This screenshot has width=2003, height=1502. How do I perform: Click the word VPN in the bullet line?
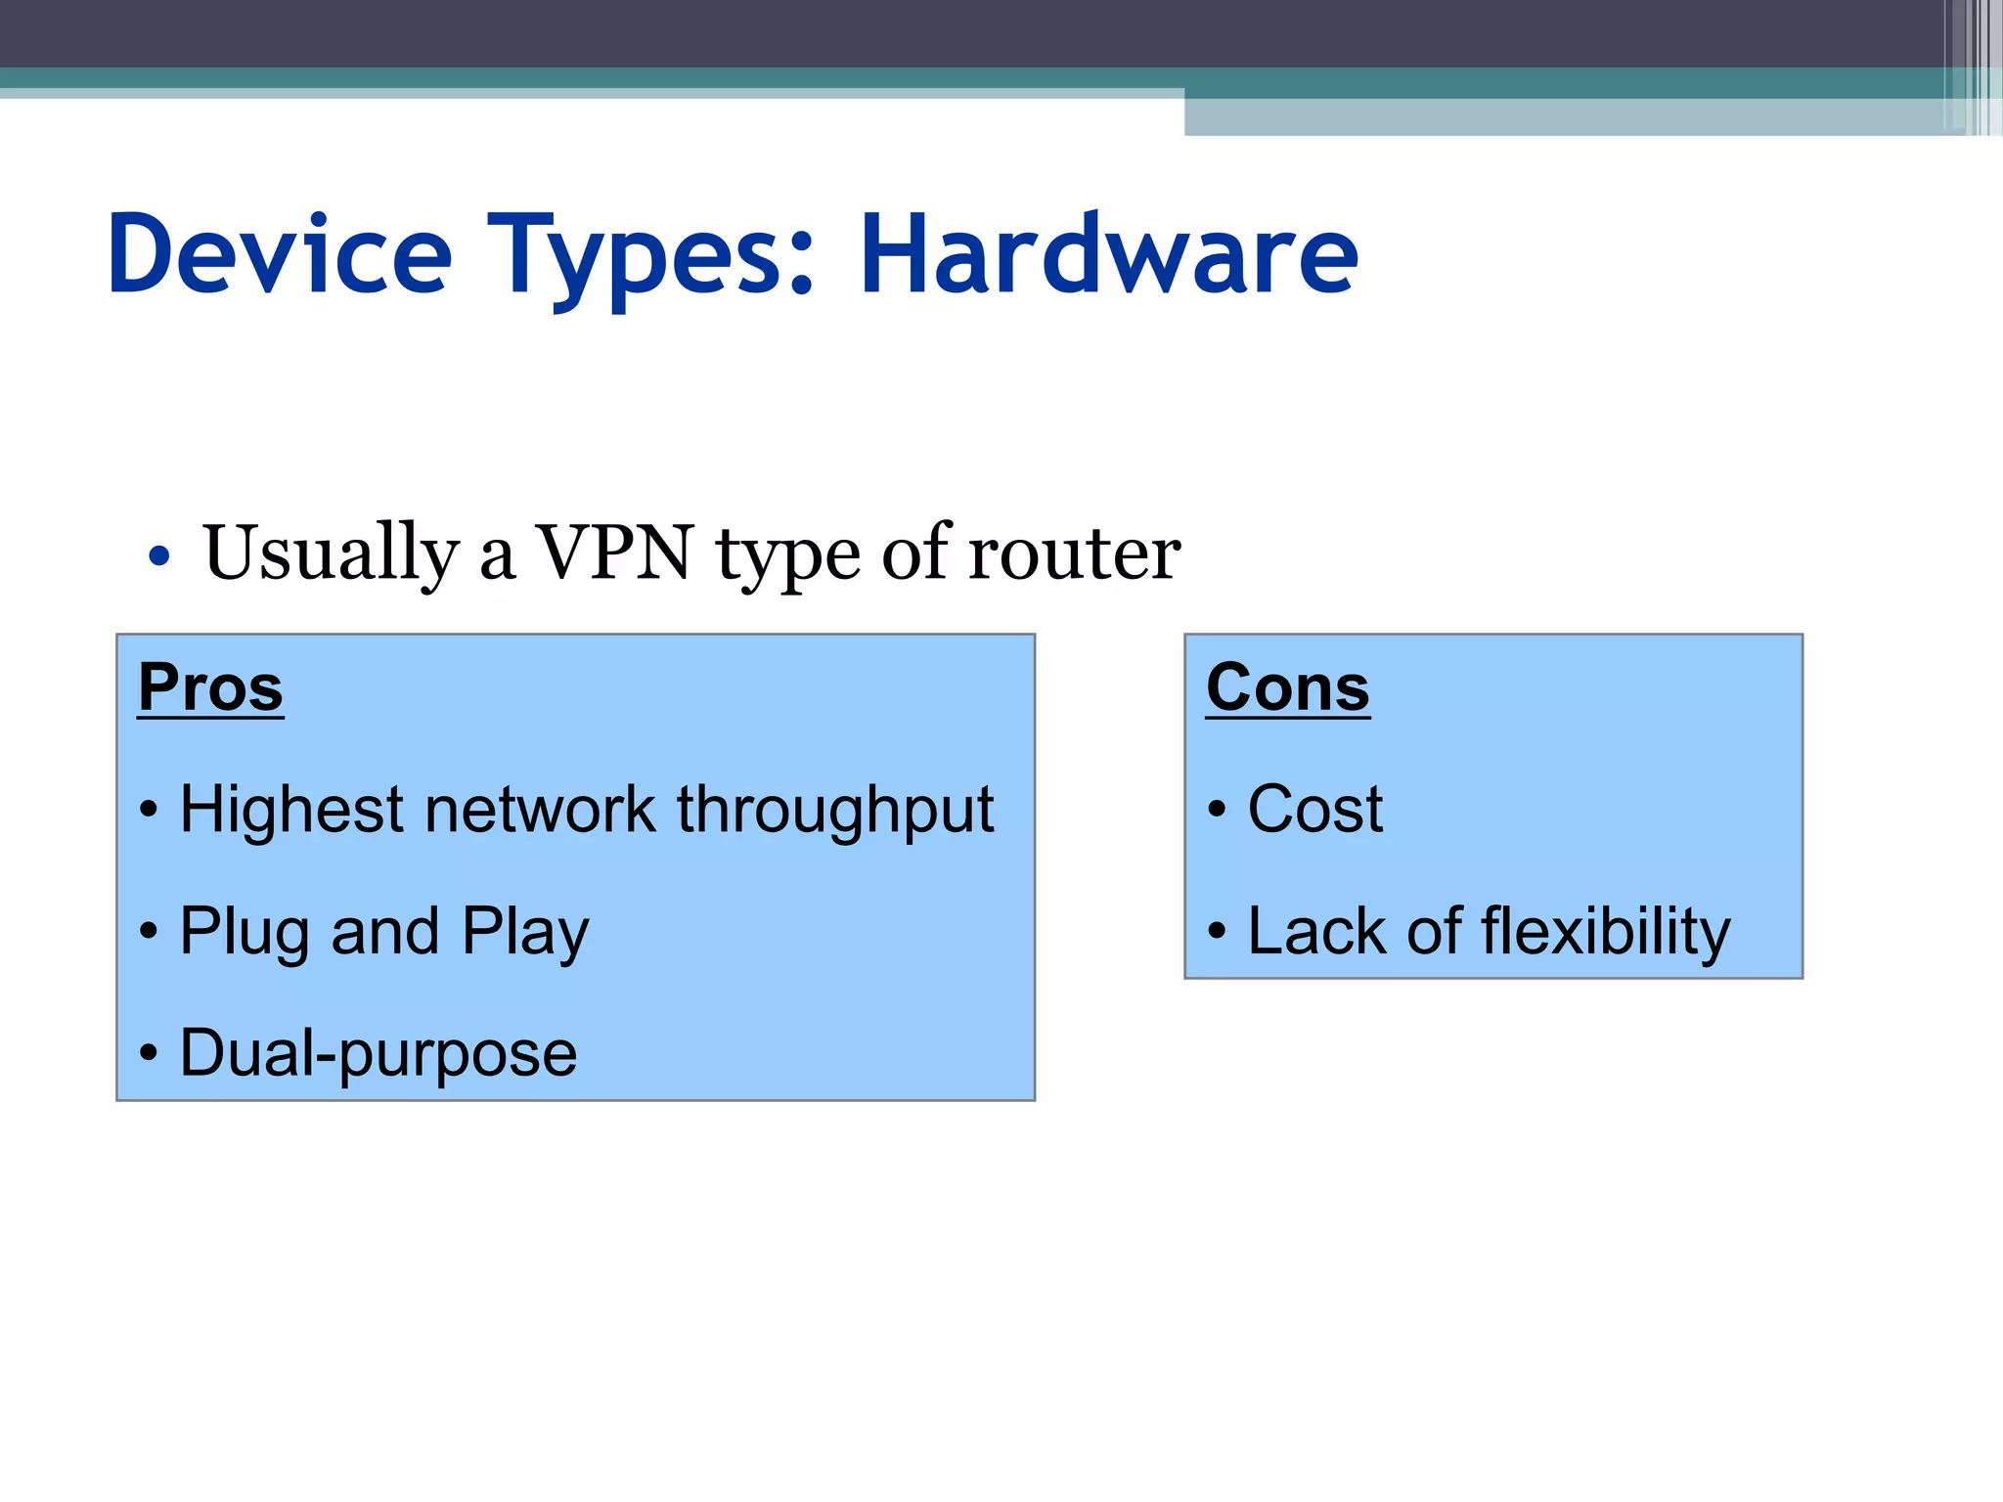615,552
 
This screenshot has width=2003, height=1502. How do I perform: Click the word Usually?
331,553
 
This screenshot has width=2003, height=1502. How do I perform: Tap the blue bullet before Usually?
158,557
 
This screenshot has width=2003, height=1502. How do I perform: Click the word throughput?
835,811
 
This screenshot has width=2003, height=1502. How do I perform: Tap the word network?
540,811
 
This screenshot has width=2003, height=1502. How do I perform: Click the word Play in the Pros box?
525,932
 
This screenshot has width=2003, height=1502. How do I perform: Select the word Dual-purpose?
378,1053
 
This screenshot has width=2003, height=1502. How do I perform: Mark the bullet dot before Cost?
1217,811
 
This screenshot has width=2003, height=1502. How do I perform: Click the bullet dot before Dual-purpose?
148,1054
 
